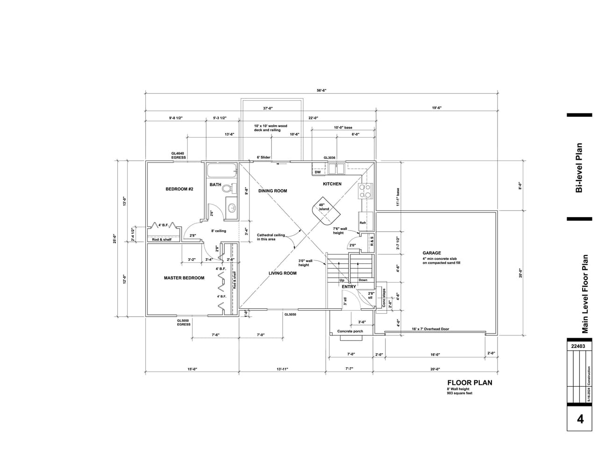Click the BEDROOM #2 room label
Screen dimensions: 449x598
click(179, 189)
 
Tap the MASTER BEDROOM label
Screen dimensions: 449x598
click(184, 278)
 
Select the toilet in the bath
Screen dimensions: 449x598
click(228, 188)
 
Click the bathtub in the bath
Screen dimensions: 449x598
click(222, 170)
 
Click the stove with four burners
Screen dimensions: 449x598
click(365, 191)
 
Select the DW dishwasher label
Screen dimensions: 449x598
click(317, 172)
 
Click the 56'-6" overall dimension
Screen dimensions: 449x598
click(321, 90)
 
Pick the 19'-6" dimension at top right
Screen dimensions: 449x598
click(437, 108)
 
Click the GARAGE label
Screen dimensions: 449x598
click(432, 253)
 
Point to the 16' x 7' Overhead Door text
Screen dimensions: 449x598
click(430, 329)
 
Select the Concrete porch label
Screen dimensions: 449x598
click(350, 331)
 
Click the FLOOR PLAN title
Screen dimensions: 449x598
click(470, 383)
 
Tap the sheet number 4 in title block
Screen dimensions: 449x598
click(580, 419)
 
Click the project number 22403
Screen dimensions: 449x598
click(578, 347)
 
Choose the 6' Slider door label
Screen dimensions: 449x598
click(263, 158)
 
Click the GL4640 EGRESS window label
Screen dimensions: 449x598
click(178, 155)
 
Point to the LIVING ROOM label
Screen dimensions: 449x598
click(283, 273)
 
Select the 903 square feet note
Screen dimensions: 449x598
click(460, 393)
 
